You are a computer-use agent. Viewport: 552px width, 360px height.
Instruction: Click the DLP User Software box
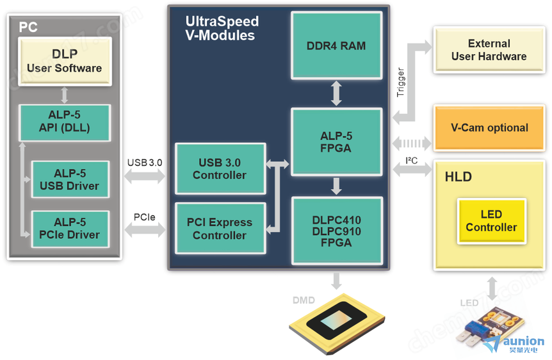(x=64, y=61)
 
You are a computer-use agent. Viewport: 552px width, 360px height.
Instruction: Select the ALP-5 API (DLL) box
(x=64, y=122)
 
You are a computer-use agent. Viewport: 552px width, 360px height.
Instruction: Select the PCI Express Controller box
(x=220, y=229)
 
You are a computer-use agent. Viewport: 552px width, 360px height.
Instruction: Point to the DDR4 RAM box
(x=336, y=46)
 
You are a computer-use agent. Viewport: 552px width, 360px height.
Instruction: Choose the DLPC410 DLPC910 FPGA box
(x=336, y=231)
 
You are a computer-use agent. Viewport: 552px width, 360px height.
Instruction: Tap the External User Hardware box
(x=489, y=50)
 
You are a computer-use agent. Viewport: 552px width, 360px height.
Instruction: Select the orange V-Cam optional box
(x=489, y=127)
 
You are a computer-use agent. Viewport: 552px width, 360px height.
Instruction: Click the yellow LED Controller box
(x=491, y=220)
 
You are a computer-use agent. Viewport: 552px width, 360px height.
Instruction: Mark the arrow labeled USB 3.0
(x=145, y=179)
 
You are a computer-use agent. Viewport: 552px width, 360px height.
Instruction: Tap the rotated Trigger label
(x=401, y=83)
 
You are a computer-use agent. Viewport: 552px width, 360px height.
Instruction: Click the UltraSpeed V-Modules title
(x=220, y=29)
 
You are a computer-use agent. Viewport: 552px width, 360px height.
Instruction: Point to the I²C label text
(x=411, y=160)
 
